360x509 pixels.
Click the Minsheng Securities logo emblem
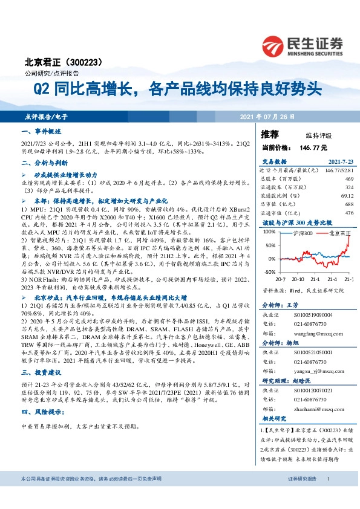pos(275,44)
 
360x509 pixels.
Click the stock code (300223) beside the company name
pos(91,62)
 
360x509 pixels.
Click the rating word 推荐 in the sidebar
pos(270,134)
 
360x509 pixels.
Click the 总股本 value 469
pos(349,179)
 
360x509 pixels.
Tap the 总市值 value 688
pos(349,204)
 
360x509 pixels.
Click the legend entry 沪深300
pos(303,233)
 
